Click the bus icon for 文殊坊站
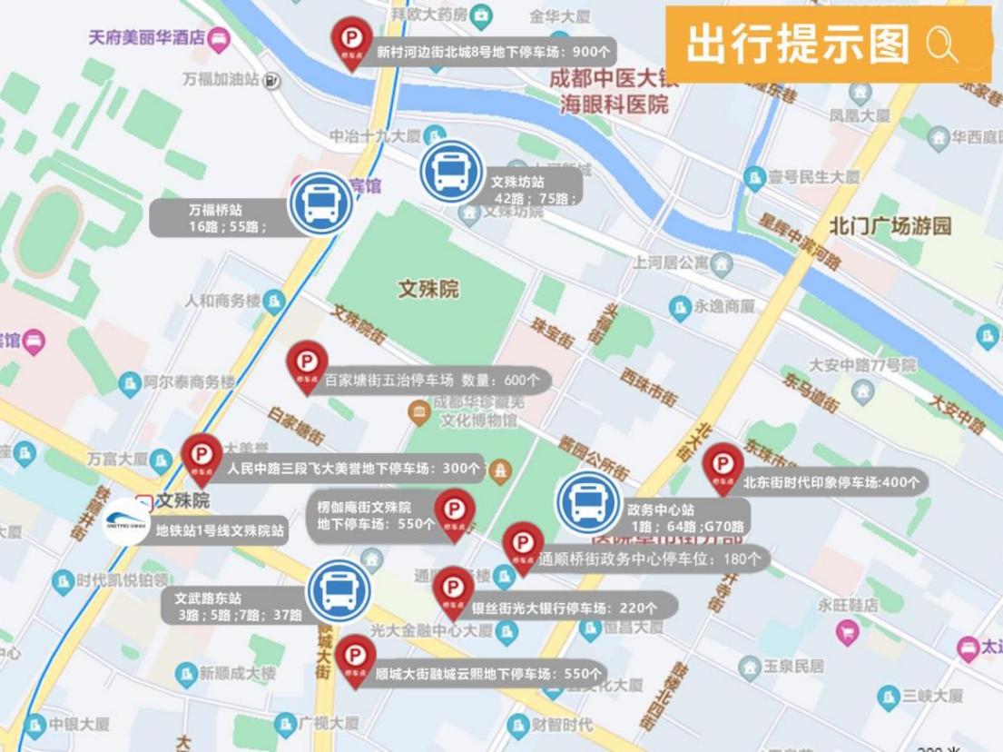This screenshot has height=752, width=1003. pos(452,171)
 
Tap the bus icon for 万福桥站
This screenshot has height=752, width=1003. pos(320,203)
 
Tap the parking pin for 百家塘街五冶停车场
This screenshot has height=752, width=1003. pos(307,363)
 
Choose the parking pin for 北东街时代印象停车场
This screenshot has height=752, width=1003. pos(723,465)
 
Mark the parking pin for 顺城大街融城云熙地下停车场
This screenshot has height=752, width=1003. pos(355,658)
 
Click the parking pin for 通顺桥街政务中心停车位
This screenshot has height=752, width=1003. pos(523,545)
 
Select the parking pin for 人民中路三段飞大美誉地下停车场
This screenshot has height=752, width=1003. pos(202,456)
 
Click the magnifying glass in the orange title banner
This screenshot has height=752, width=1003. pos(942,44)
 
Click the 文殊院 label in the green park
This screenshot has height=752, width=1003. pos(428,290)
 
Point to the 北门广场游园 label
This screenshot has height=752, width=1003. pos(890,226)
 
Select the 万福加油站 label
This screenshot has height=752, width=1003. pos(221,80)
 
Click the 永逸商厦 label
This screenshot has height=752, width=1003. pos(724,307)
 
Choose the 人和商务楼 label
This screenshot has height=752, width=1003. pos(222,300)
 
